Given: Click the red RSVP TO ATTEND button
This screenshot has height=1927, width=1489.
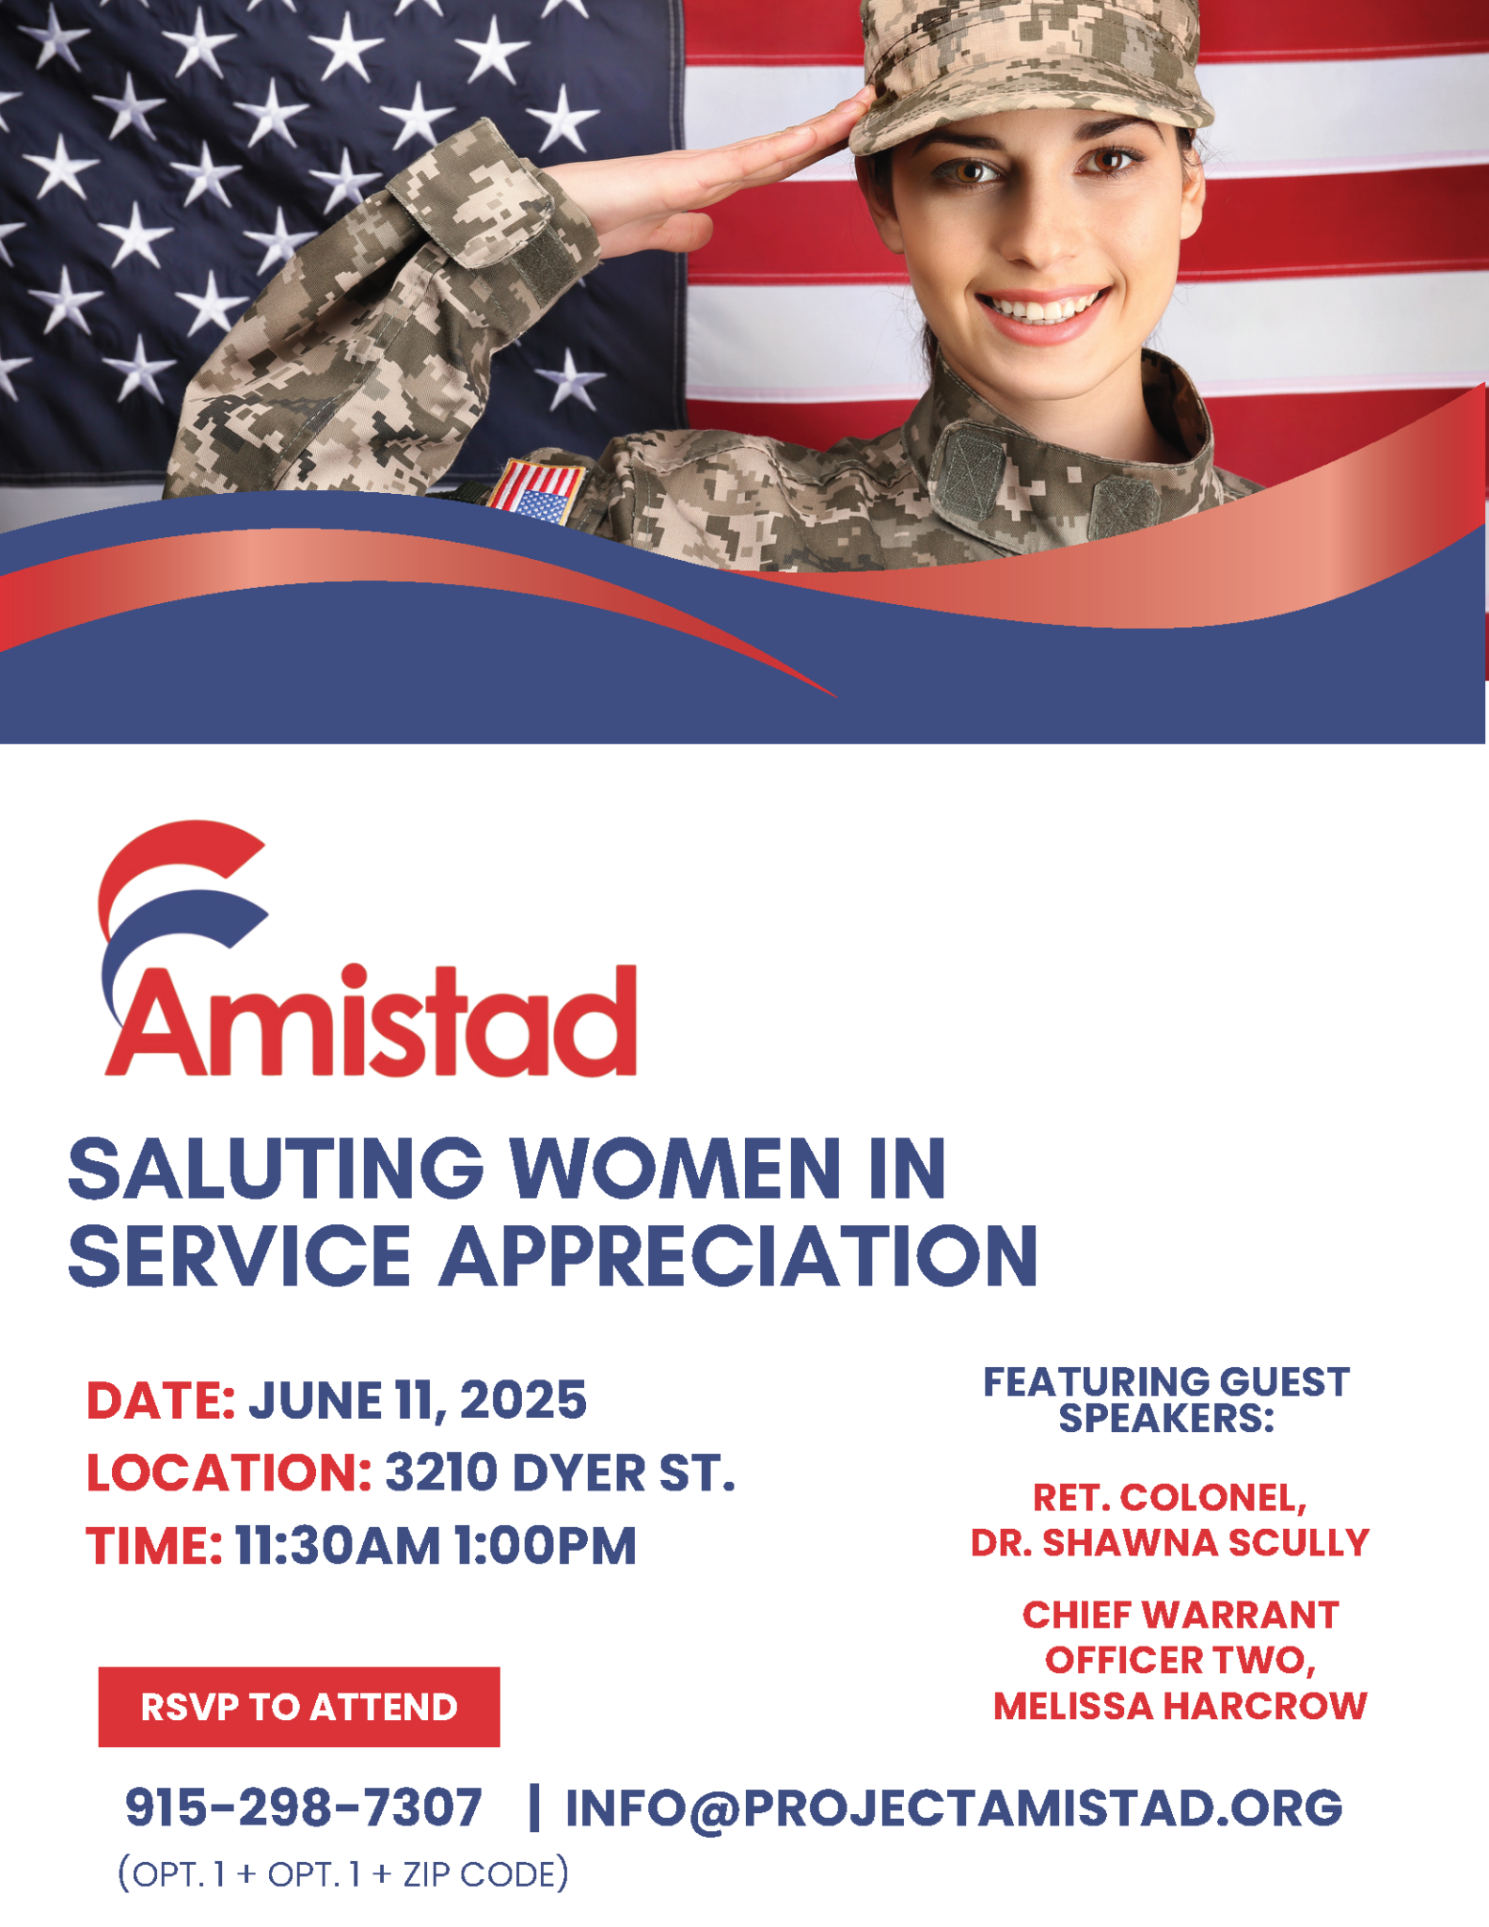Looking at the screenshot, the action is pyautogui.click(x=299, y=1707).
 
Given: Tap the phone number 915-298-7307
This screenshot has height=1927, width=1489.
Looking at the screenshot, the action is pyautogui.click(x=304, y=1808).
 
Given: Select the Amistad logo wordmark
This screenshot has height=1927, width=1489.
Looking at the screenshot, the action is pyautogui.click(x=371, y=1021).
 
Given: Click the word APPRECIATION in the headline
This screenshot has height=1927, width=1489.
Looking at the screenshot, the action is pyautogui.click(x=739, y=1255).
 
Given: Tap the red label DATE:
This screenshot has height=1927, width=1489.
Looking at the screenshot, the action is pyautogui.click(x=161, y=1400).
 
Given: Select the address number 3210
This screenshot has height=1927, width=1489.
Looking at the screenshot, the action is pyautogui.click(x=441, y=1473).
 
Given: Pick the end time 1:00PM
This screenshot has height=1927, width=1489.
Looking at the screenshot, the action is pyautogui.click(x=546, y=1546).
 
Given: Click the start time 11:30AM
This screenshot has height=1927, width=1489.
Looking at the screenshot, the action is pyautogui.click(x=338, y=1546).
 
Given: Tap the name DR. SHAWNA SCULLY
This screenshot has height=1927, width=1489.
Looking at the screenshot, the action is pyautogui.click(x=1170, y=1543).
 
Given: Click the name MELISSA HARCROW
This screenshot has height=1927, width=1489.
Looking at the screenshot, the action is pyautogui.click(x=1180, y=1706).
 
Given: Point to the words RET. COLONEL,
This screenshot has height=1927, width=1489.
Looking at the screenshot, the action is pyautogui.click(x=1170, y=1498).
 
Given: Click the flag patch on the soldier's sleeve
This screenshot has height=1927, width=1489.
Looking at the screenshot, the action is pyautogui.click(x=536, y=491).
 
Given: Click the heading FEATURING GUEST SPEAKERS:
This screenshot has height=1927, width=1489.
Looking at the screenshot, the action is pyautogui.click(x=1166, y=1400).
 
